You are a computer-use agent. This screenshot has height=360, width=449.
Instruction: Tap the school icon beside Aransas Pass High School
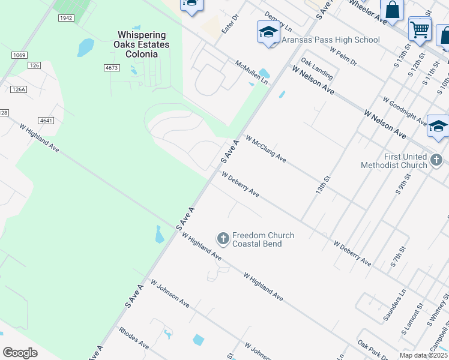click(x=268, y=32)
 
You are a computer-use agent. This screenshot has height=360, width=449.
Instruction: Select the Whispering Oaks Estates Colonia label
click(x=142, y=45)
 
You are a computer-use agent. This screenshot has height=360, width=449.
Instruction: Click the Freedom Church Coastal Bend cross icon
click(x=223, y=239)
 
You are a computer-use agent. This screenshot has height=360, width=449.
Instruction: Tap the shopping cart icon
click(x=419, y=28)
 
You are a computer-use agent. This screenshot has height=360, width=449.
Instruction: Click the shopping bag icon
click(x=392, y=10)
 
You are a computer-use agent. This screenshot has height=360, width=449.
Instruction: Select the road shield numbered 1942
click(x=65, y=18)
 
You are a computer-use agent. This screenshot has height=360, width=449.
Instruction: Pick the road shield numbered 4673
click(x=111, y=68)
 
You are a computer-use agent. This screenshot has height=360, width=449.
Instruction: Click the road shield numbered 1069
click(x=19, y=55)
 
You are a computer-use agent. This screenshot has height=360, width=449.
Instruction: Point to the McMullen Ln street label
click(x=252, y=71)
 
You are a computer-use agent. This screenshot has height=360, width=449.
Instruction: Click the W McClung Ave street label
click(x=265, y=148)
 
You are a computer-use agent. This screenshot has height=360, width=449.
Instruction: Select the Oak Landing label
click(x=317, y=69)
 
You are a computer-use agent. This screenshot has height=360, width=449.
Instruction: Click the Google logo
click(x=20, y=353)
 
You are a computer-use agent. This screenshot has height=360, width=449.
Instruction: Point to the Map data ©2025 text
click(x=423, y=355)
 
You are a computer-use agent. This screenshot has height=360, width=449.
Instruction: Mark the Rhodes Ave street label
click(x=134, y=338)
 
